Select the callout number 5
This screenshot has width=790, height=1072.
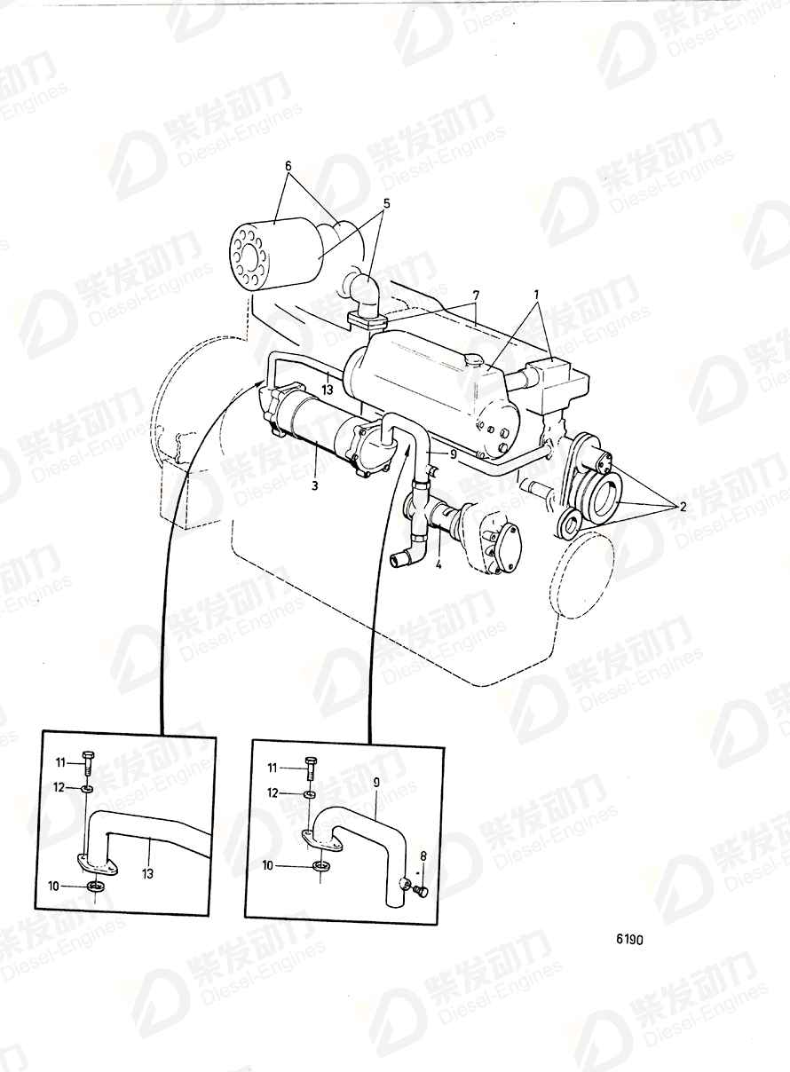(x=385, y=202)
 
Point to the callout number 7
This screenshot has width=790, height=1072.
(x=476, y=294)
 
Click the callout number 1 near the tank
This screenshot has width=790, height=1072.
(x=535, y=294)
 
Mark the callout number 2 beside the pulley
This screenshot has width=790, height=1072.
(x=682, y=507)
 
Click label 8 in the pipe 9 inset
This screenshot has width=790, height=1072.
(x=423, y=855)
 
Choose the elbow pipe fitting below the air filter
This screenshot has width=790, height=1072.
(x=362, y=294)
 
